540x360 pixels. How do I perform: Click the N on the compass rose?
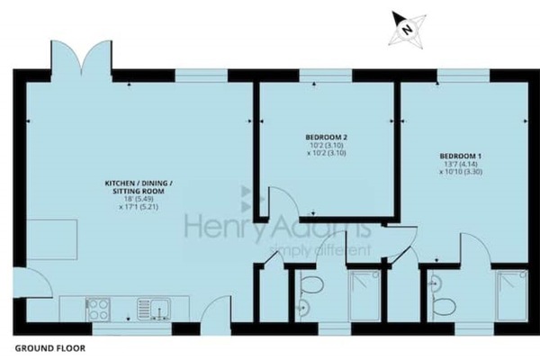[x=408, y=30]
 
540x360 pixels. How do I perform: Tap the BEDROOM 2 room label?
[x=327, y=137]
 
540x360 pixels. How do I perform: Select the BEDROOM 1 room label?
[x=461, y=156]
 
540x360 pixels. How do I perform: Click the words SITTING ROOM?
[x=139, y=191]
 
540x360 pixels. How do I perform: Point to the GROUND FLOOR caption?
[x=49, y=348]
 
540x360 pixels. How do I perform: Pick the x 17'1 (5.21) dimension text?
[x=139, y=207]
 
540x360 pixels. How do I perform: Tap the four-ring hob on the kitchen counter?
[x=98, y=310]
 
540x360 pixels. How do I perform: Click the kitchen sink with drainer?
[x=154, y=310]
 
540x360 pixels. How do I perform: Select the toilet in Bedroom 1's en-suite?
[x=445, y=307]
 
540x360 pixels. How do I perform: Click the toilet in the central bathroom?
[x=311, y=285]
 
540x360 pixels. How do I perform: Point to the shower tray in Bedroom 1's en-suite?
[x=512, y=296]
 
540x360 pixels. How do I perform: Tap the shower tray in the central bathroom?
[x=365, y=296]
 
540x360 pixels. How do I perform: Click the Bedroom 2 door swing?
[x=281, y=202]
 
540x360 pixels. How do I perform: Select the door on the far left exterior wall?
[x=32, y=283]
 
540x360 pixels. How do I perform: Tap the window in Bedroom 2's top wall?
[x=326, y=76]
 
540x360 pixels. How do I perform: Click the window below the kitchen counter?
[x=132, y=328]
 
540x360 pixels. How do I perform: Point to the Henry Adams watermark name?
[x=277, y=227]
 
